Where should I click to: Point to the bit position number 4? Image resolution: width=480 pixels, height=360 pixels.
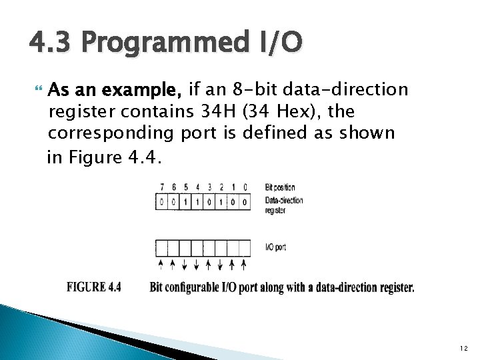197,188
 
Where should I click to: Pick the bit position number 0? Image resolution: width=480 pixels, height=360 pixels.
245,188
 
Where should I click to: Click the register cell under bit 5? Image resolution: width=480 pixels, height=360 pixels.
185,201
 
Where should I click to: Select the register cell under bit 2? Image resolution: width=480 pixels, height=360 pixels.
221,201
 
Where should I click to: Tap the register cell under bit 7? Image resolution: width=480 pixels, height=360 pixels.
161,201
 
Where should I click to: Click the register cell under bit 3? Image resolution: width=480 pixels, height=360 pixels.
209,201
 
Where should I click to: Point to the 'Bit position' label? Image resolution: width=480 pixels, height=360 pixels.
280,187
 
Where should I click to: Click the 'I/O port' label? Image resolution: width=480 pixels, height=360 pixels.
275,247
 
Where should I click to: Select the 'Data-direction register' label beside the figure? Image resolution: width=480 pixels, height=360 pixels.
284,205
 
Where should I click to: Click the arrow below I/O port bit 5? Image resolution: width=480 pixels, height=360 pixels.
185,265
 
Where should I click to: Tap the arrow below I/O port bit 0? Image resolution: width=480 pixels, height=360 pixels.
244,265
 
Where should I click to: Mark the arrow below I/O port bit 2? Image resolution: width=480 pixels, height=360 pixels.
221,265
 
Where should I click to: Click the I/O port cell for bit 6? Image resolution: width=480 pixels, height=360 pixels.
173,247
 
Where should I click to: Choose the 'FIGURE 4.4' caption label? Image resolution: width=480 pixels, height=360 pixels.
94,287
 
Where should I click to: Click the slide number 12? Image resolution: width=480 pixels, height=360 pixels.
461,349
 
